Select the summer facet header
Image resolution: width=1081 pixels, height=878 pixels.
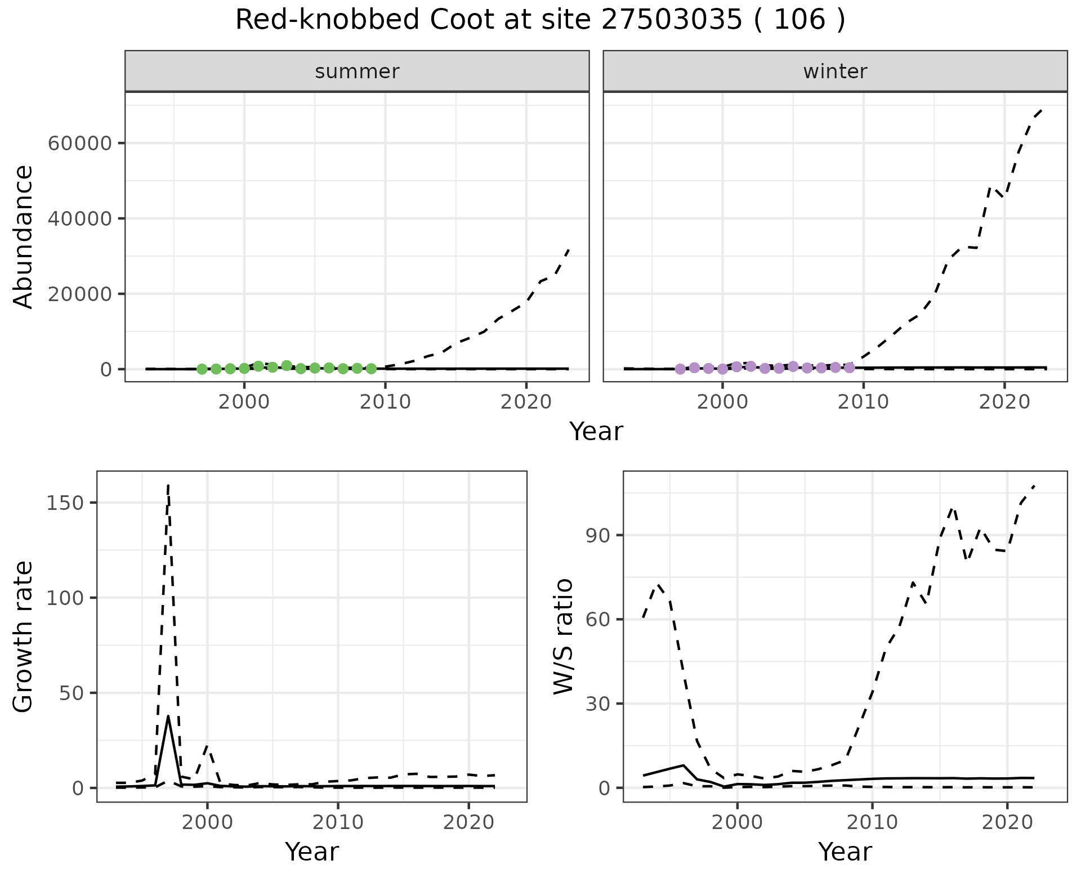(357, 71)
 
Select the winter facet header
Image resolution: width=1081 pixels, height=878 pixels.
(835, 71)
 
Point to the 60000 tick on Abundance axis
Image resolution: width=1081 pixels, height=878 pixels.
(80, 144)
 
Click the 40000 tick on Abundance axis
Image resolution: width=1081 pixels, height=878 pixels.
(80, 219)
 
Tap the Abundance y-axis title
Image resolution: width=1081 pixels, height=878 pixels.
(23, 236)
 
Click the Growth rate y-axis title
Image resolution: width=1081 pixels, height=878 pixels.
(23, 637)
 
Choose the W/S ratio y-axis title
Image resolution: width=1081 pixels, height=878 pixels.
(562, 637)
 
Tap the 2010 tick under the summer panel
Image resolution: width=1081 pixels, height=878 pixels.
(385, 402)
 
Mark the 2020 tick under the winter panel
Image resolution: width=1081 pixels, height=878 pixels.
(1004, 402)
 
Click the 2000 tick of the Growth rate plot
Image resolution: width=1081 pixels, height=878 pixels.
(207, 822)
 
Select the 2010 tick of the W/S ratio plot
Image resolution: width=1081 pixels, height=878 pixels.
(872, 822)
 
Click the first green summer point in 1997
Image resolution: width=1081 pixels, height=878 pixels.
(202, 369)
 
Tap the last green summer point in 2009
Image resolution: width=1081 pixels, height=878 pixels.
(371, 369)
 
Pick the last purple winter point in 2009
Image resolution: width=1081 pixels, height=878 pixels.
(850, 368)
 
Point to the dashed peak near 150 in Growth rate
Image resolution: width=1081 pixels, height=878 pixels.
(168, 486)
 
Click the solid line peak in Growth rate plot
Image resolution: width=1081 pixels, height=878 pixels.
(168, 716)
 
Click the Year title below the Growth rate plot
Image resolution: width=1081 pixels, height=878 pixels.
(312, 852)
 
